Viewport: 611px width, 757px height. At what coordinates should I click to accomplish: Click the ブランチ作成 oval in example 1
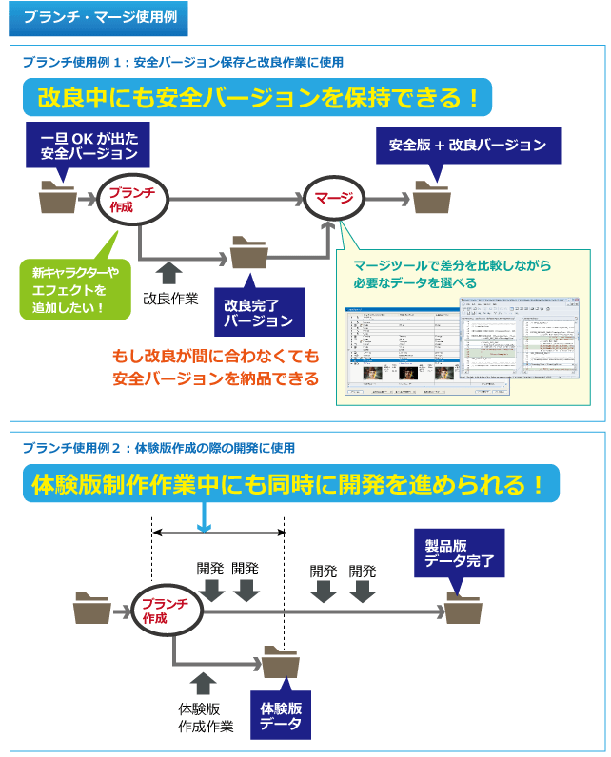coord(139,199)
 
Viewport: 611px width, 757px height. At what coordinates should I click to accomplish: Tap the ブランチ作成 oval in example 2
coord(168,611)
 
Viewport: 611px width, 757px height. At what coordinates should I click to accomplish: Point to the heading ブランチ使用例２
coord(158,447)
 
